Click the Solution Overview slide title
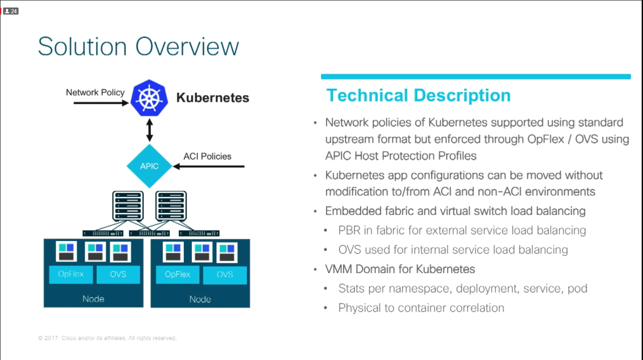click(138, 46)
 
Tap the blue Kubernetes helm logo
click(150, 98)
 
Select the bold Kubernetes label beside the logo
click(213, 97)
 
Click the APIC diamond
click(149, 166)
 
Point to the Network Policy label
click(95, 92)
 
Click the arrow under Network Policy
click(101, 103)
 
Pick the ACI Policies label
click(207, 156)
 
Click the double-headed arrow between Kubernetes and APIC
click(150, 130)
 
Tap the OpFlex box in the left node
click(71, 274)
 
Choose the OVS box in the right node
click(225, 274)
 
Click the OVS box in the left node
click(118, 274)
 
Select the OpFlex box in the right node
click(177, 274)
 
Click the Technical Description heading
click(418, 95)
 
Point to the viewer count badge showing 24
click(11, 11)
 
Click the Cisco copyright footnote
click(107, 338)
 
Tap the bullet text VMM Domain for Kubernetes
click(400, 269)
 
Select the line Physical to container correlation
click(421, 308)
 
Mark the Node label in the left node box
click(93, 299)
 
